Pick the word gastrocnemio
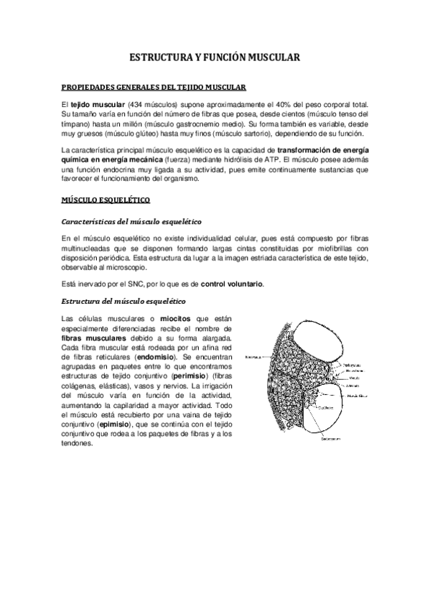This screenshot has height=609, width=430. pyautogui.click(x=197, y=124)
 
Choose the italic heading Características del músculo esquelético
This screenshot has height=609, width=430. pyautogui.click(x=132, y=220)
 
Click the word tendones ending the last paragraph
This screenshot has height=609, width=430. pyautogui.click(x=78, y=443)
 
